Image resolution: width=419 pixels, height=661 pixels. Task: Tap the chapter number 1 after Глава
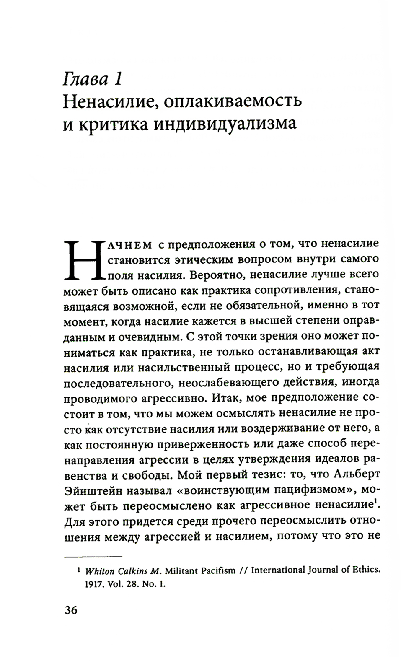[117, 78]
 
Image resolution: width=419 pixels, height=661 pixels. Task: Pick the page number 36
[71, 610]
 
